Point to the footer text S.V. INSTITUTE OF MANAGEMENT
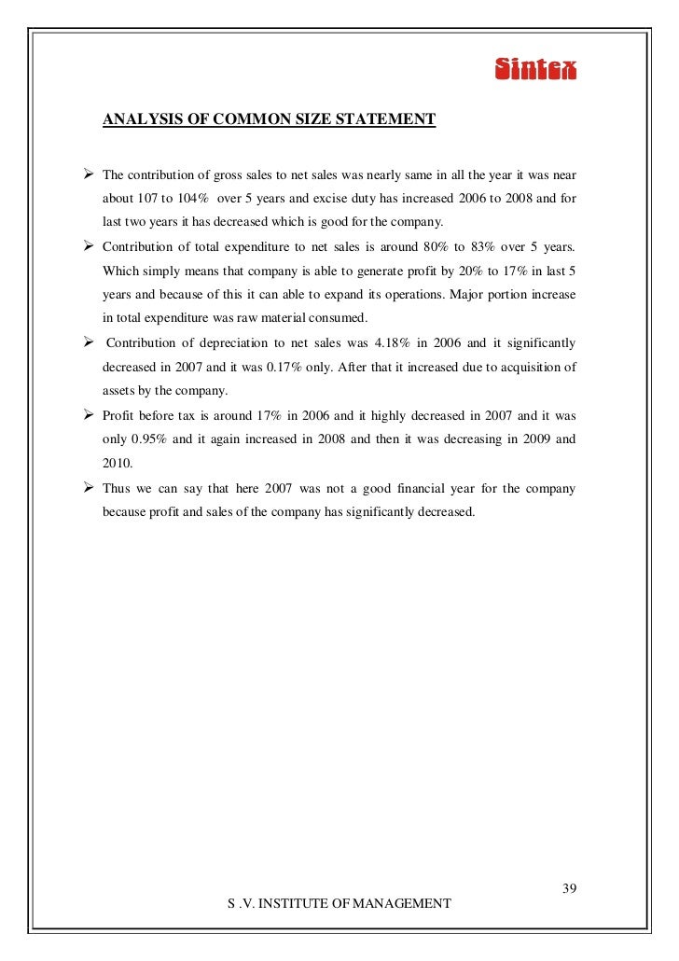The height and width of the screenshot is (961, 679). click(x=339, y=904)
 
